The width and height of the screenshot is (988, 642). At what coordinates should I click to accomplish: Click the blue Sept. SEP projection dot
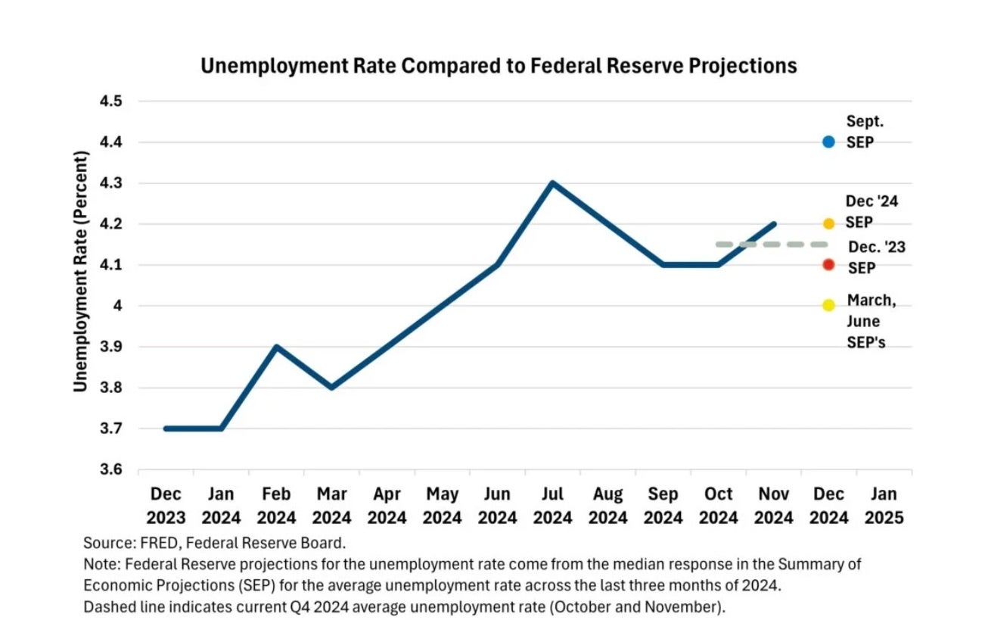pyautogui.click(x=828, y=142)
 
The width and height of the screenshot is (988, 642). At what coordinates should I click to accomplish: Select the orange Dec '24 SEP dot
pyautogui.click(x=828, y=223)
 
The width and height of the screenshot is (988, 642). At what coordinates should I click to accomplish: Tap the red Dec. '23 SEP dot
pyautogui.click(x=828, y=264)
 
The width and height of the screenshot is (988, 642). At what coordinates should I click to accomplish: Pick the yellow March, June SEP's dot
pyautogui.click(x=828, y=305)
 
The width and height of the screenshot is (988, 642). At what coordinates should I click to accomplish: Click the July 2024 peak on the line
pyautogui.click(x=552, y=182)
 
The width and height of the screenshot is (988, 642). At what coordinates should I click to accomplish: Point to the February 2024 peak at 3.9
pyautogui.click(x=276, y=347)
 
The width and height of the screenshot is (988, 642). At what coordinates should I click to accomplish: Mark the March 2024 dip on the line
pyautogui.click(x=331, y=388)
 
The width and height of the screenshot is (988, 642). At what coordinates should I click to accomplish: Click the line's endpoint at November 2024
pyautogui.click(x=774, y=224)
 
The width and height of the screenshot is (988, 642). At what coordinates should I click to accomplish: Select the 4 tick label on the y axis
pyautogui.click(x=118, y=306)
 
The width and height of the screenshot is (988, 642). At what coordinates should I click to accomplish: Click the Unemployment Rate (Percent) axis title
pyautogui.click(x=81, y=271)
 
